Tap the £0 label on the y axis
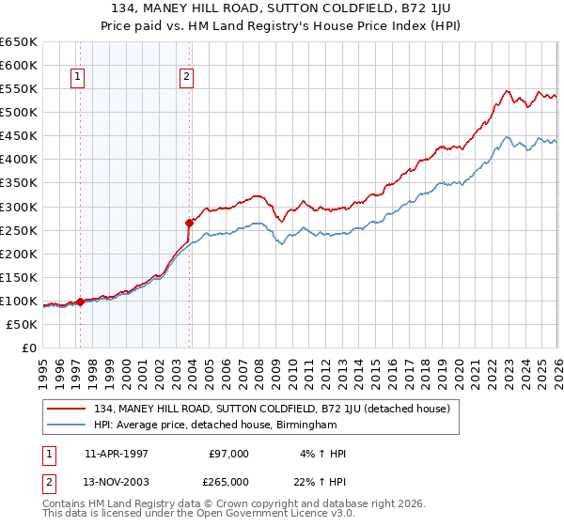29,348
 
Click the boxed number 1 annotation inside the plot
76,78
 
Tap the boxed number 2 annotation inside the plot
187,78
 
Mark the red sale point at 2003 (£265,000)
190,223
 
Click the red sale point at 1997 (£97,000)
80,302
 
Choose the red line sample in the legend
67,409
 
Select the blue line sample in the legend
67,425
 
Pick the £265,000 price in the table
227,482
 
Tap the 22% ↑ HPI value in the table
320,482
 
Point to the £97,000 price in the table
229,454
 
